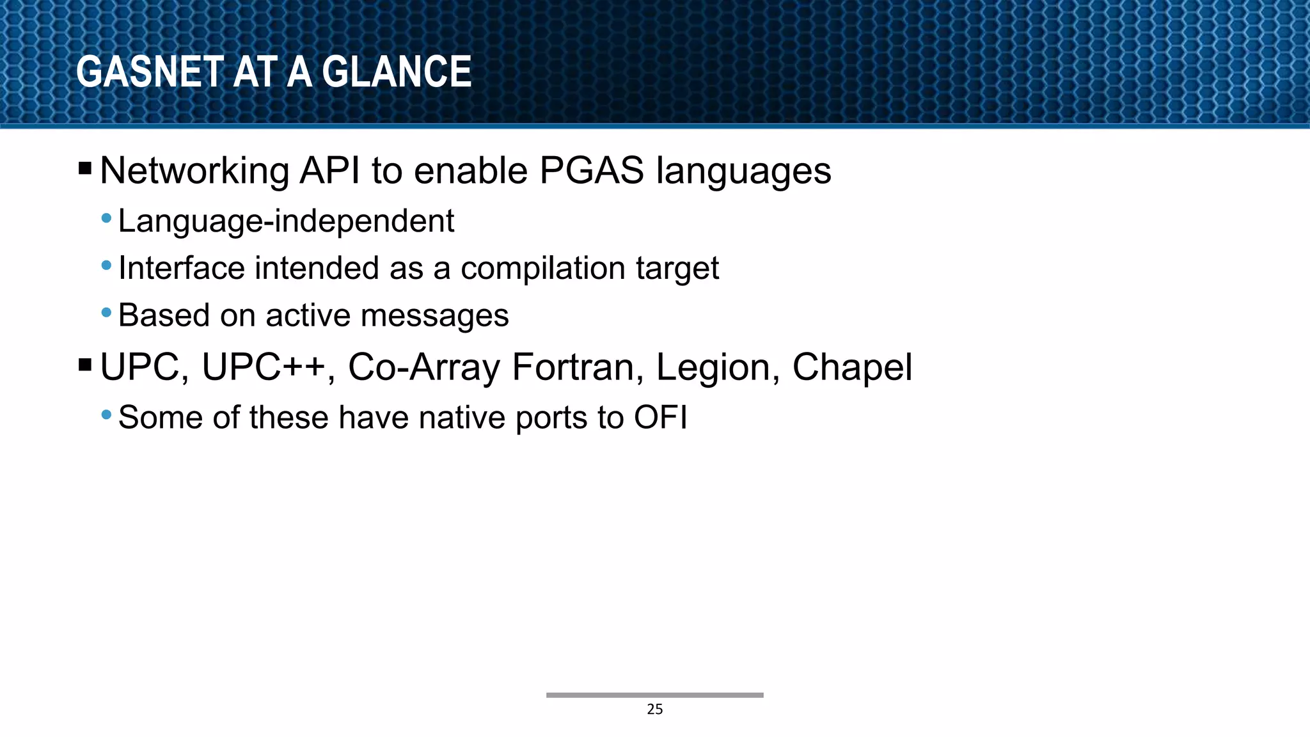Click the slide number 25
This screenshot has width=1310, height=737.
click(654, 709)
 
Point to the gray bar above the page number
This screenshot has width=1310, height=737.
click(654, 695)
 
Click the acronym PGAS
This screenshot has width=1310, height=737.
click(591, 171)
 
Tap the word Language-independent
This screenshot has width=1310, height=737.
click(286, 221)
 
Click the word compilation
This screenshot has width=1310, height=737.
click(542, 268)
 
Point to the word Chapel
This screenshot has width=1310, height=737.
click(852, 368)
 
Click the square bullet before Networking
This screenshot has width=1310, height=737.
click(85, 169)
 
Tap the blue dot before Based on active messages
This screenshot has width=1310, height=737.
click(107, 313)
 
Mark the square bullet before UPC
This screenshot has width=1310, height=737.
click(85, 365)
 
